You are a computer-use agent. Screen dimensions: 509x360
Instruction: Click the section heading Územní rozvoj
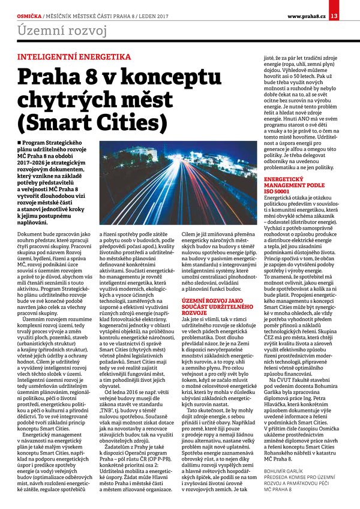62,30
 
